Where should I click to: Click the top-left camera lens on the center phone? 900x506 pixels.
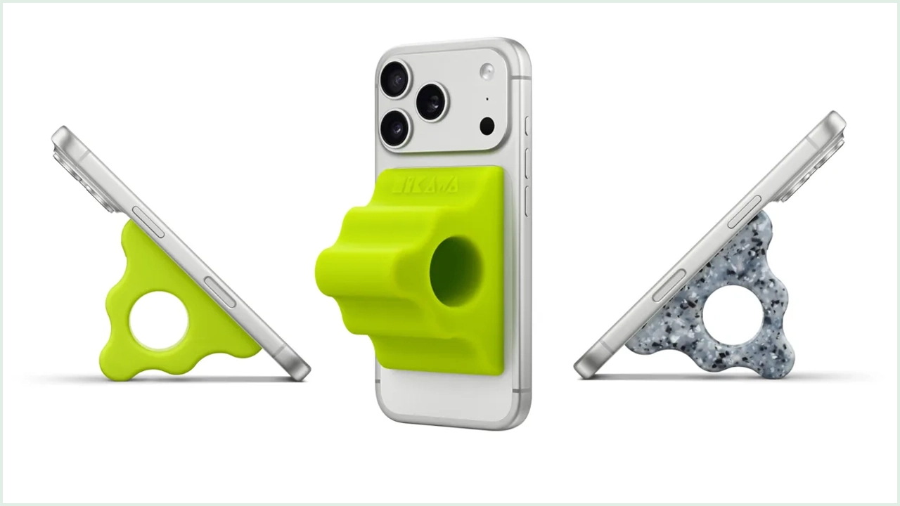point(395,78)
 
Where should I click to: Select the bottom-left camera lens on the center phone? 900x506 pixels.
point(395,128)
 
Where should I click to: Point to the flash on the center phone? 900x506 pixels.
point(487,71)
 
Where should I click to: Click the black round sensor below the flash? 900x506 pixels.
point(487,126)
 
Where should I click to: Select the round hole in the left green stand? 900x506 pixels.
point(159,320)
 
